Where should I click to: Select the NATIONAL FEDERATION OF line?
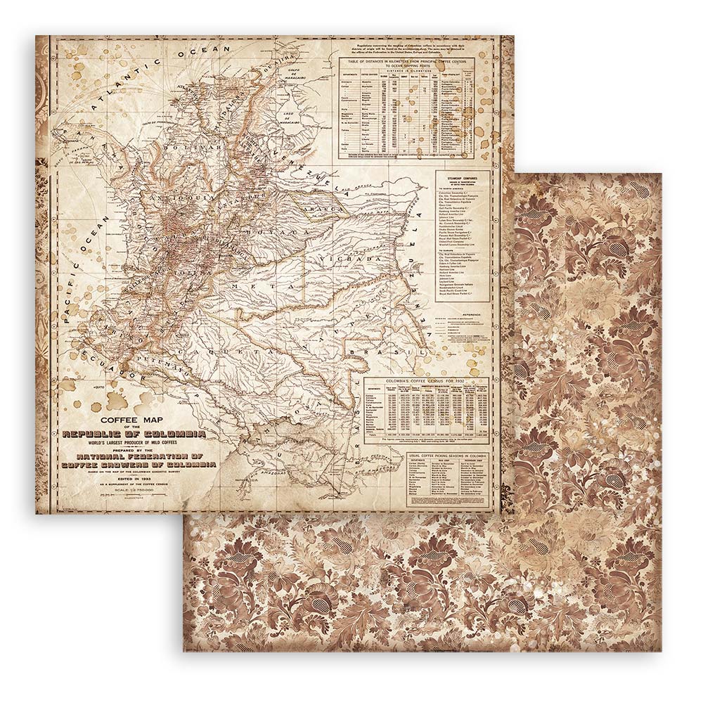pyautogui.click(x=140, y=456)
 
